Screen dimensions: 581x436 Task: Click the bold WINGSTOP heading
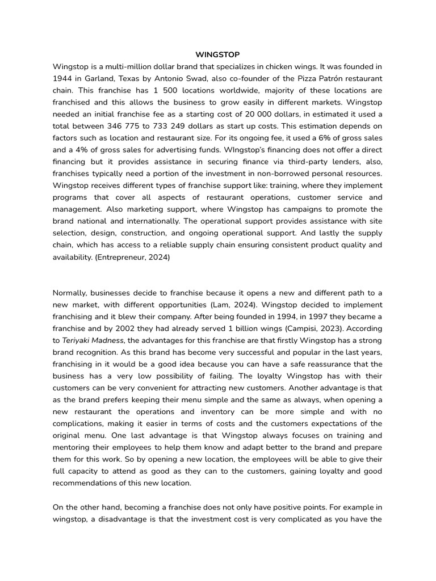[217, 54]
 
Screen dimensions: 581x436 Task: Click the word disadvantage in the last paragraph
[124, 519]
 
